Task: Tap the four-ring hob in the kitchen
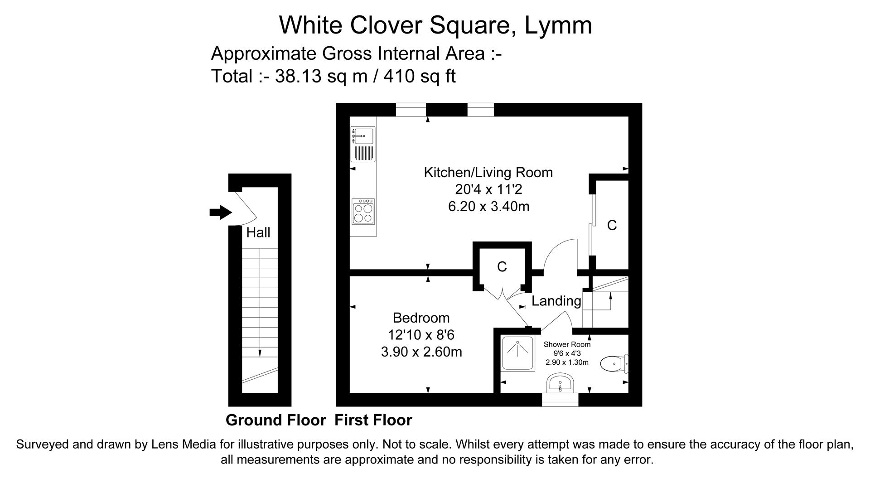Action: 363,212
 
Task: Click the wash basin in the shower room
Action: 561,384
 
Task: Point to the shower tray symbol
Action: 517,354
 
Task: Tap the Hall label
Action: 258,232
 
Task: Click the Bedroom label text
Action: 421,318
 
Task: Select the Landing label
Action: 556,301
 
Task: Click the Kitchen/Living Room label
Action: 488,172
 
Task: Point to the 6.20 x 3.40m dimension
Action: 488,207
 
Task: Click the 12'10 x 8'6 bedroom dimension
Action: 421,335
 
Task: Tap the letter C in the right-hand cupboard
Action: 612,225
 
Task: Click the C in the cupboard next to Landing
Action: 502,267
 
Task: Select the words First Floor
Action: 373,420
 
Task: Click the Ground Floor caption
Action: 275,420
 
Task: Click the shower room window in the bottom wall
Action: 560,400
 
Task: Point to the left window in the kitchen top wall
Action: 411,110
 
